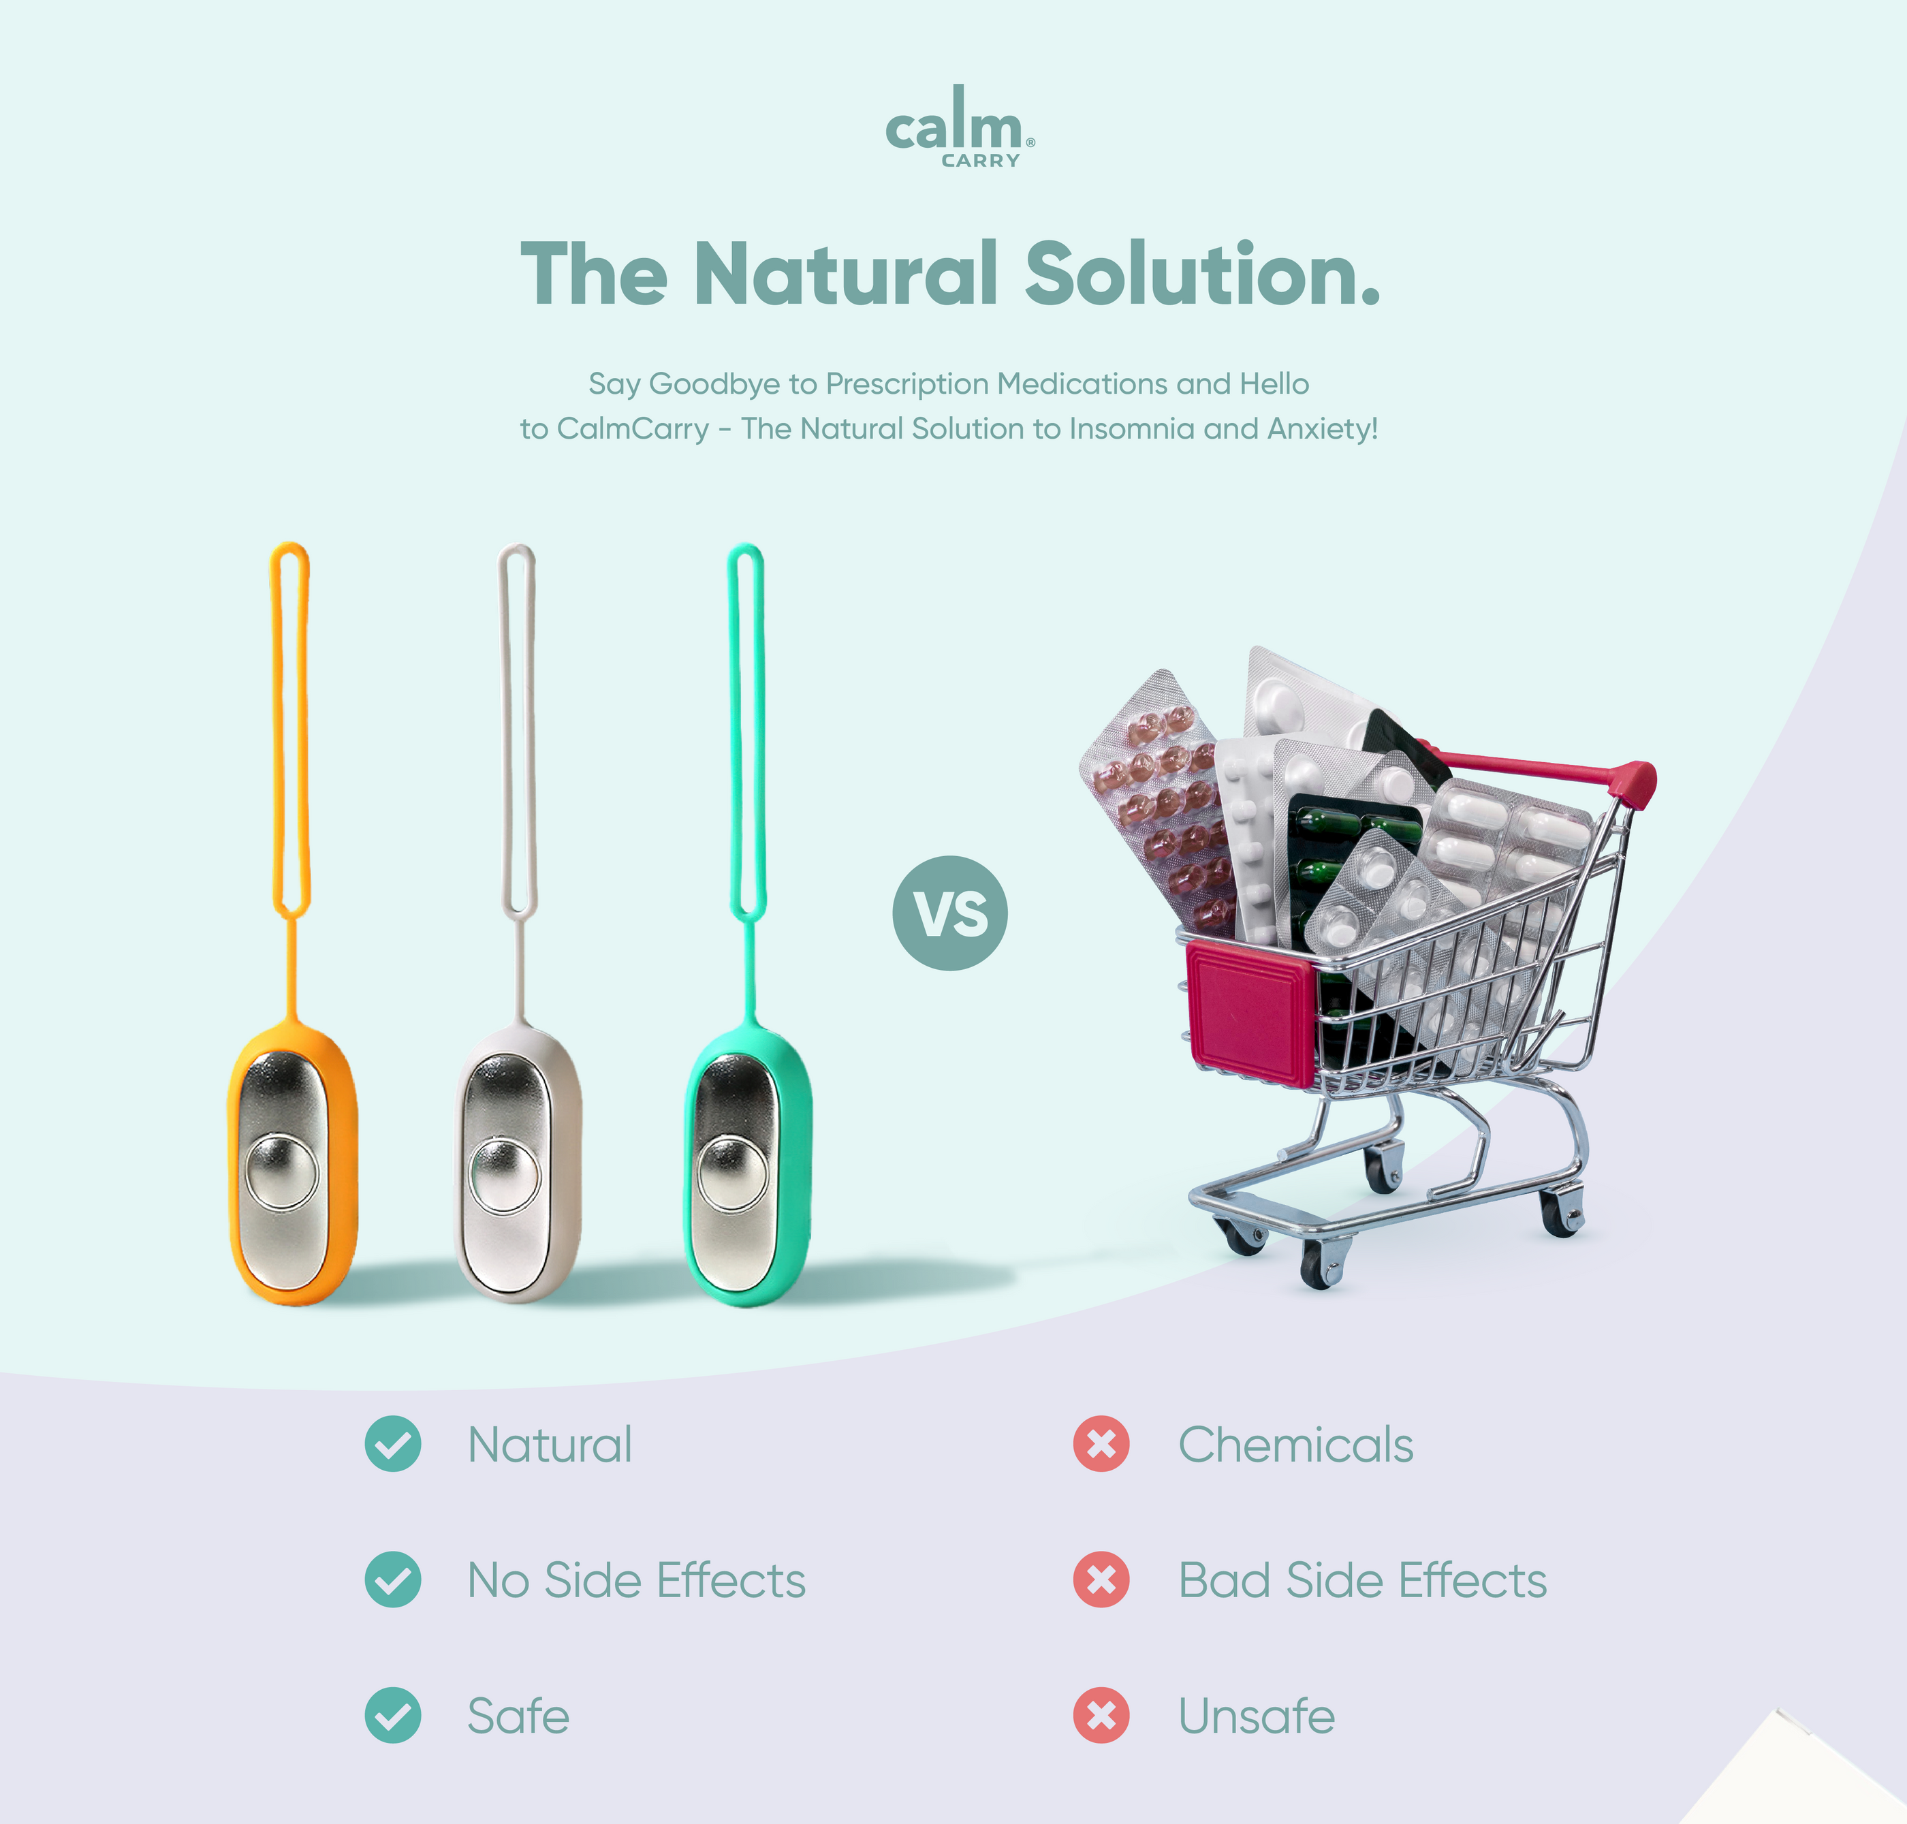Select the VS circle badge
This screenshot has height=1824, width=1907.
[950, 913]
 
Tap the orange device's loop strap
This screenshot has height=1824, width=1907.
[289, 729]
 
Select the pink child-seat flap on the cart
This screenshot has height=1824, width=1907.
[1250, 1011]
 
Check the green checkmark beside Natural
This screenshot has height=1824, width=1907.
[393, 1444]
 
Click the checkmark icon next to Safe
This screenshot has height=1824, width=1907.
[393, 1715]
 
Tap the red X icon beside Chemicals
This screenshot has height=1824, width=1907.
[1101, 1444]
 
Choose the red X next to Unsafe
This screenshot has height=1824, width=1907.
[1101, 1715]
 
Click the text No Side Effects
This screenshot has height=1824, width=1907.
[636, 1580]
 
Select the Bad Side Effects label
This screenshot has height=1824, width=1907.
[1361, 1580]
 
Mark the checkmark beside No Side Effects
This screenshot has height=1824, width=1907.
[393, 1580]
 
